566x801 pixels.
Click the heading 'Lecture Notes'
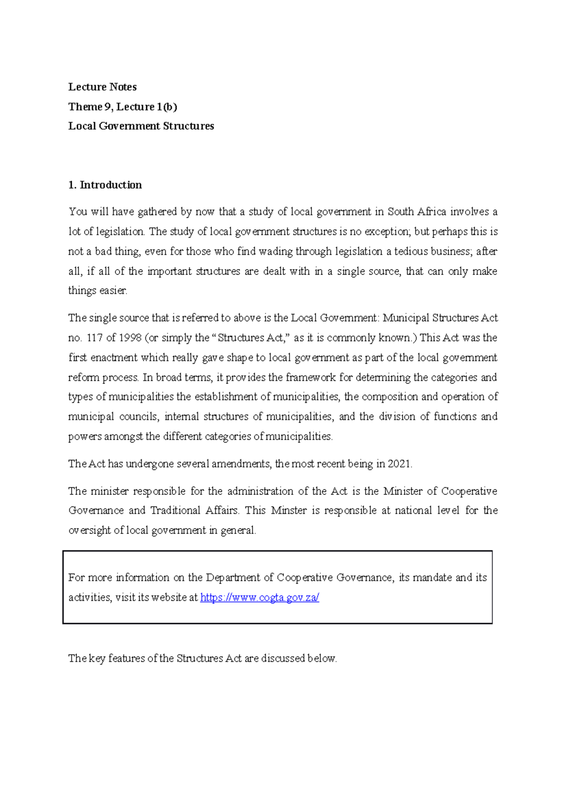(x=102, y=87)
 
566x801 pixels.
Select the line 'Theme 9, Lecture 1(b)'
(x=123, y=107)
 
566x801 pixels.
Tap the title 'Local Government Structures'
(x=141, y=126)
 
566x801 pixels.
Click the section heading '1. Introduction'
(x=105, y=185)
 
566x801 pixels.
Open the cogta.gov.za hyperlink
(x=259, y=598)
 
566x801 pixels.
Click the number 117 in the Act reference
(x=94, y=338)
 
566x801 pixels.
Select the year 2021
(x=399, y=464)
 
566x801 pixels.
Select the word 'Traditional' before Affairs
(x=175, y=510)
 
